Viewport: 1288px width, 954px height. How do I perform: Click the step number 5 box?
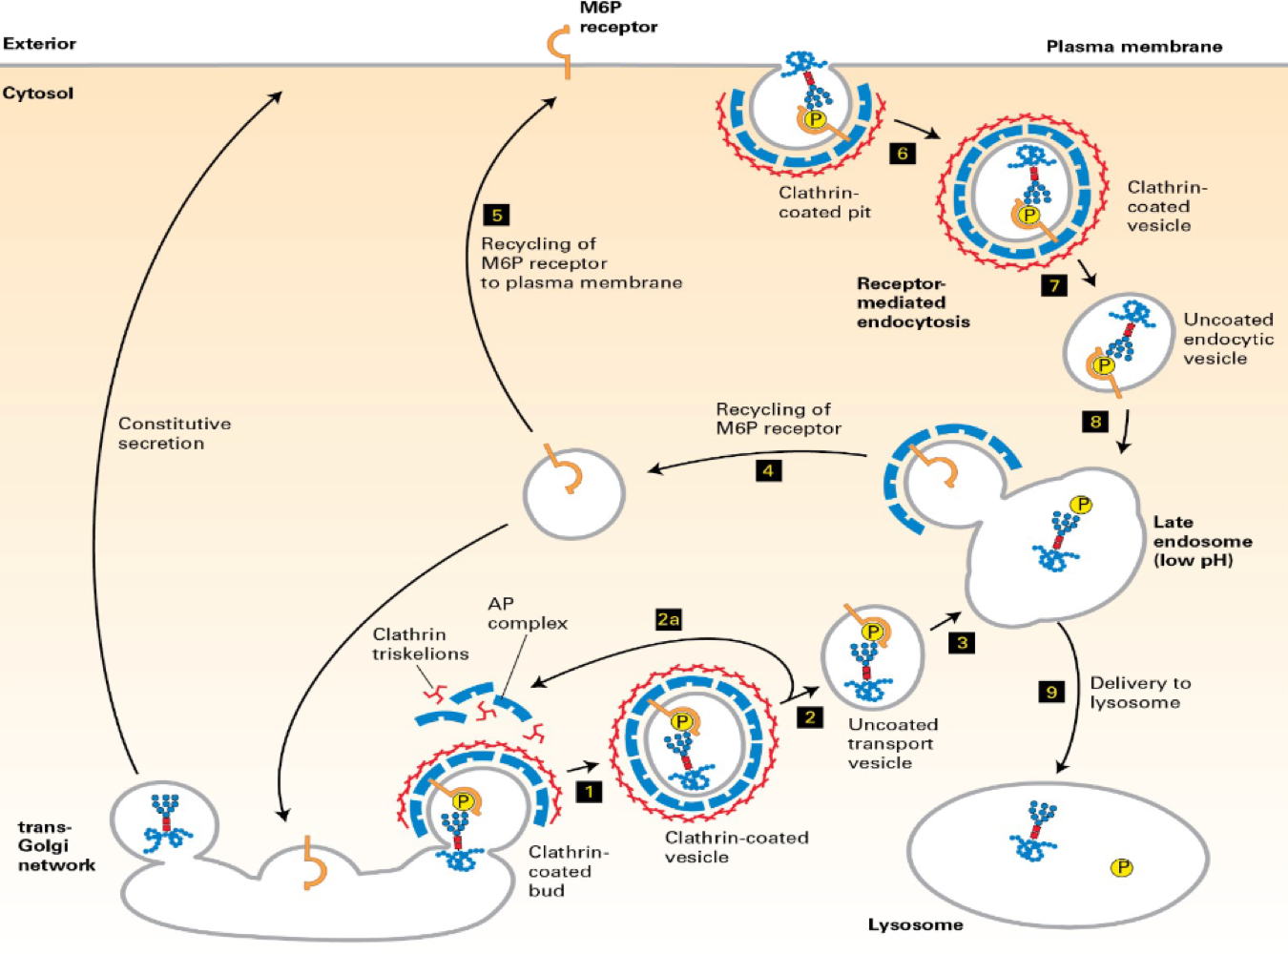pyautogui.click(x=496, y=215)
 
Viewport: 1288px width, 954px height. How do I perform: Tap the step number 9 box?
pyautogui.click(x=1051, y=692)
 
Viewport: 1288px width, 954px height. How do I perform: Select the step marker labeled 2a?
pyautogui.click(x=669, y=619)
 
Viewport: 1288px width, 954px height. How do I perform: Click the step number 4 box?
pyautogui.click(x=768, y=470)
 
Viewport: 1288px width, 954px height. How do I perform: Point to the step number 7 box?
pyautogui.click(x=1054, y=284)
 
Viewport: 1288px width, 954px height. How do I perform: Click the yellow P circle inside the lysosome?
pyautogui.click(x=1122, y=867)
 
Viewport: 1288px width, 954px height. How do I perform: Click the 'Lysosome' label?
pyautogui.click(x=915, y=924)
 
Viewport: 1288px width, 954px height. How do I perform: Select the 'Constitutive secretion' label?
pyautogui.click(x=174, y=433)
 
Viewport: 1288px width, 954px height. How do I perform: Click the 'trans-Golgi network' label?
pyautogui.click(x=56, y=846)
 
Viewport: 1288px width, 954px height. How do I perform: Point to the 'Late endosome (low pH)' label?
pyautogui.click(x=1201, y=541)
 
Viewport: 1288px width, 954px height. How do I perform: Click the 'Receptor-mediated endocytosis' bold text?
pyautogui.click(x=912, y=302)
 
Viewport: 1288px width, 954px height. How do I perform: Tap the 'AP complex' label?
pyautogui.click(x=527, y=613)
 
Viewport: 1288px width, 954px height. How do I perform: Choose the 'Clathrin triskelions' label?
pyautogui.click(x=420, y=644)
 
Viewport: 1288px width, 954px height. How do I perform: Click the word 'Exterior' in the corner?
pyautogui.click(x=39, y=44)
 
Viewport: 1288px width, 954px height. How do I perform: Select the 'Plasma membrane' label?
pyautogui.click(x=1133, y=47)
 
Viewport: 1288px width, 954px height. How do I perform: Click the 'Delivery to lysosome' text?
pyautogui.click(x=1139, y=693)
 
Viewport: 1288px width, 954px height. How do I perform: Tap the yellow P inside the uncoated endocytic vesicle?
pyautogui.click(x=1104, y=365)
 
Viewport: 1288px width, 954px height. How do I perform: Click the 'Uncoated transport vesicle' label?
pyautogui.click(x=892, y=743)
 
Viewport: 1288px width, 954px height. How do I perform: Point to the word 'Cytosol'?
pyautogui.click(x=37, y=93)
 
